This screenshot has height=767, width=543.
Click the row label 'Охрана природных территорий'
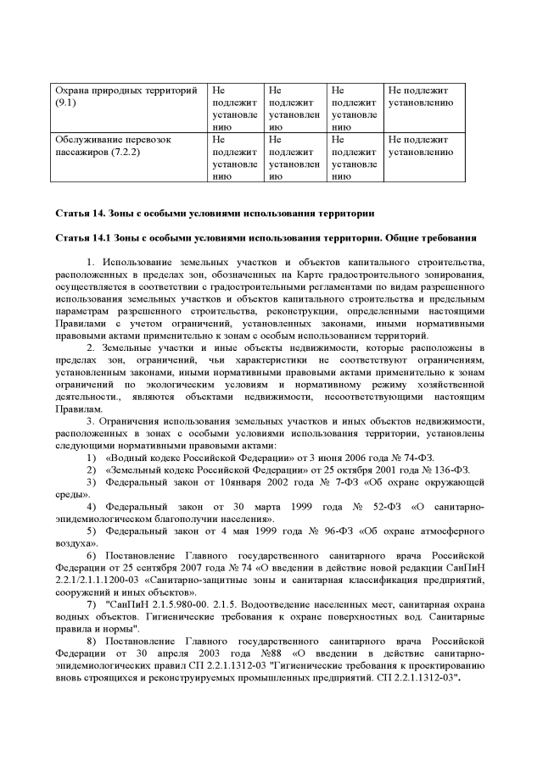(126, 90)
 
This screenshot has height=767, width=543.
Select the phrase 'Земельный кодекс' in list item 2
(150, 470)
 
